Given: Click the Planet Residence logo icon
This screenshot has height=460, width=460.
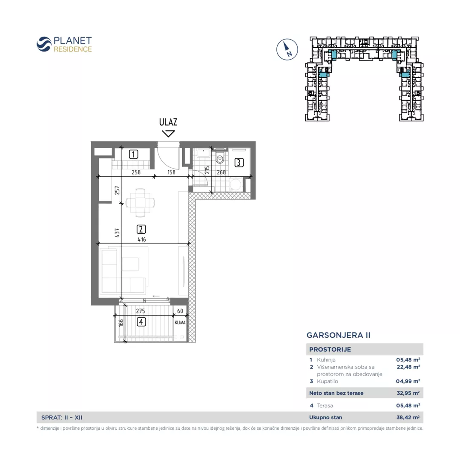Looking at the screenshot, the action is point(44,44).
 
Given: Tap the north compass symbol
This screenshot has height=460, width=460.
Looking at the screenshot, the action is point(287,49).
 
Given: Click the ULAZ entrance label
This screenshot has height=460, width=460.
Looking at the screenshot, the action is point(168,122).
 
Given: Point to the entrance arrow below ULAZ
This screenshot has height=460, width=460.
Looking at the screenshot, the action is point(168,133).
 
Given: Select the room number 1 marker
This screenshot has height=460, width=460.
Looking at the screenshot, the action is point(133,154).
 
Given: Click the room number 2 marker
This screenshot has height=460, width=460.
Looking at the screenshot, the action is point(141,229).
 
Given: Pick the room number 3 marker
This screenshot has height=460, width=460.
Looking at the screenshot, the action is point(239,163).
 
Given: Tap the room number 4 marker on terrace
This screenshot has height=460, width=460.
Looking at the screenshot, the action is point(141,322).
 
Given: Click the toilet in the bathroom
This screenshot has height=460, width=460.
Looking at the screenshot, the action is point(220,157).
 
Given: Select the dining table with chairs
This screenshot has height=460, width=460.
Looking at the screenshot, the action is point(140,202).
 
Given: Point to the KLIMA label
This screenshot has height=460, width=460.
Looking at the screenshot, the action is point(180,322).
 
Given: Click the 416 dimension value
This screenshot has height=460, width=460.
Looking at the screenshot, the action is point(142,239).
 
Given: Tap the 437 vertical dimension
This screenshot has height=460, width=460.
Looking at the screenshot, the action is point(117,233).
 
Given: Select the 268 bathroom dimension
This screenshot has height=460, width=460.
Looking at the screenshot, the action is point(221,172).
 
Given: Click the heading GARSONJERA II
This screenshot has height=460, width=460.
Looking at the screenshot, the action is point(338,335).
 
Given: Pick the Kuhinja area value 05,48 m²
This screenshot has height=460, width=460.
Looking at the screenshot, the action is point(408,359).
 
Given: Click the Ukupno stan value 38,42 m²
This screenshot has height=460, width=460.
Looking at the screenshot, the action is point(408,417).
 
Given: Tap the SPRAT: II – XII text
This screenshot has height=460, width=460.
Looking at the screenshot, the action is point(62,417).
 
